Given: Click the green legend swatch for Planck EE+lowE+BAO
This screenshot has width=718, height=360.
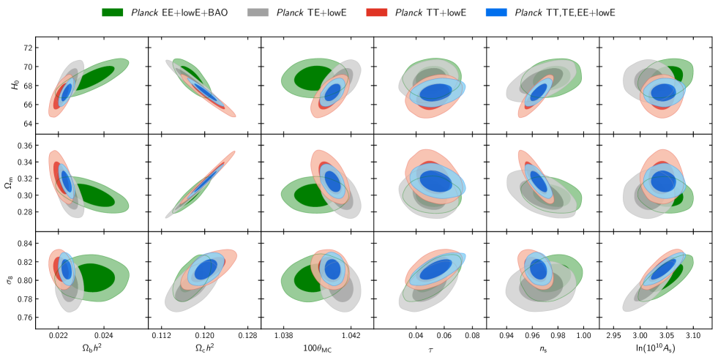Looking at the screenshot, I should pyautogui.click(x=116, y=12).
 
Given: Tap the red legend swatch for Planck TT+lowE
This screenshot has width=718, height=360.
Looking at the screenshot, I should pyautogui.click(x=378, y=12).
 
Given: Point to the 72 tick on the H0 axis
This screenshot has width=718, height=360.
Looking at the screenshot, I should pyautogui.click(x=27, y=48).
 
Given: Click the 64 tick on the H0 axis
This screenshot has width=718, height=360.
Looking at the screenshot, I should pyautogui.click(x=27, y=123).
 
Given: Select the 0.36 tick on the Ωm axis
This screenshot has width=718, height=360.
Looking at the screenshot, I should pyautogui.click(x=23, y=146).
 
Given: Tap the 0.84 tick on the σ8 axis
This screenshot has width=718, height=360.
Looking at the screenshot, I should pyautogui.click(x=23, y=244).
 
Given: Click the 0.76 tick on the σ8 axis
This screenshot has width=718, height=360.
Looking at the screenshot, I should pyautogui.click(x=23, y=318).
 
